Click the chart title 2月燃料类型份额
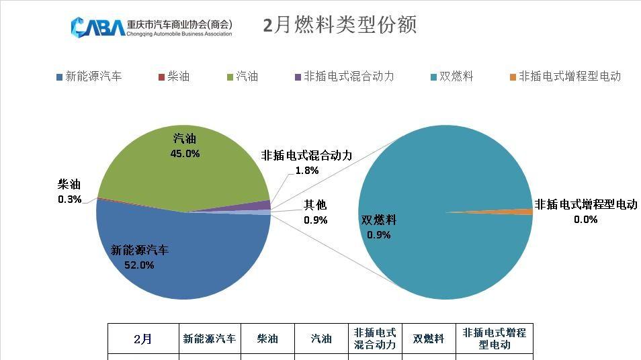[x=340, y=25]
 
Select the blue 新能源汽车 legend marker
[x=59, y=77]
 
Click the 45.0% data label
[x=185, y=153]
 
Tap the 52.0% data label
[x=139, y=265]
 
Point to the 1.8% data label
[x=307, y=170]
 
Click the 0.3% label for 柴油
[x=70, y=199]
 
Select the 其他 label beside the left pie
[x=315, y=205]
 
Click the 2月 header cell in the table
[x=143, y=339]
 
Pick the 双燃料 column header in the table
[x=428, y=339]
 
